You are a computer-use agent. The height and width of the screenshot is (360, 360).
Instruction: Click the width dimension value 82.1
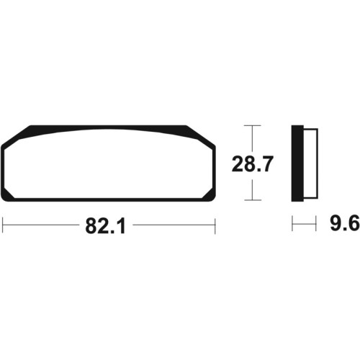pyautogui.click(x=106, y=226)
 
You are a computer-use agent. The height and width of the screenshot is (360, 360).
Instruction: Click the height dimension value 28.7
pyautogui.click(x=253, y=164)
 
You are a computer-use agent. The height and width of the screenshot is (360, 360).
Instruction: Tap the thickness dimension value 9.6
pyautogui.click(x=345, y=223)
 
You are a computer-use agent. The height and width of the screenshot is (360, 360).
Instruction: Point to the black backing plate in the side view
pyautogui.click(x=297, y=163)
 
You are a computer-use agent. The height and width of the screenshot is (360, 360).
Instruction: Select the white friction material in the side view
pyautogui.click(x=311, y=163)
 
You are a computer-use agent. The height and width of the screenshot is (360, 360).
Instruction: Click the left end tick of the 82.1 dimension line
pyautogui.click(x=2, y=225)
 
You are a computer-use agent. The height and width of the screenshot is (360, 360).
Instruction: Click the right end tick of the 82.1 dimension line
pyautogui.click(x=215, y=225)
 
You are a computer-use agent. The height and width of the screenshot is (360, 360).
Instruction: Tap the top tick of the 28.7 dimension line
pyautogui.click(x=252, y=125)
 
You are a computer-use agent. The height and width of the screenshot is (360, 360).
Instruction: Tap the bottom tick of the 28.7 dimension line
pyautogui.click(x=252, y=200)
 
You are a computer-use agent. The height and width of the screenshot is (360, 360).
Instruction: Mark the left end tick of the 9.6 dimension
pyautogui.click(x=292, y=224)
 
